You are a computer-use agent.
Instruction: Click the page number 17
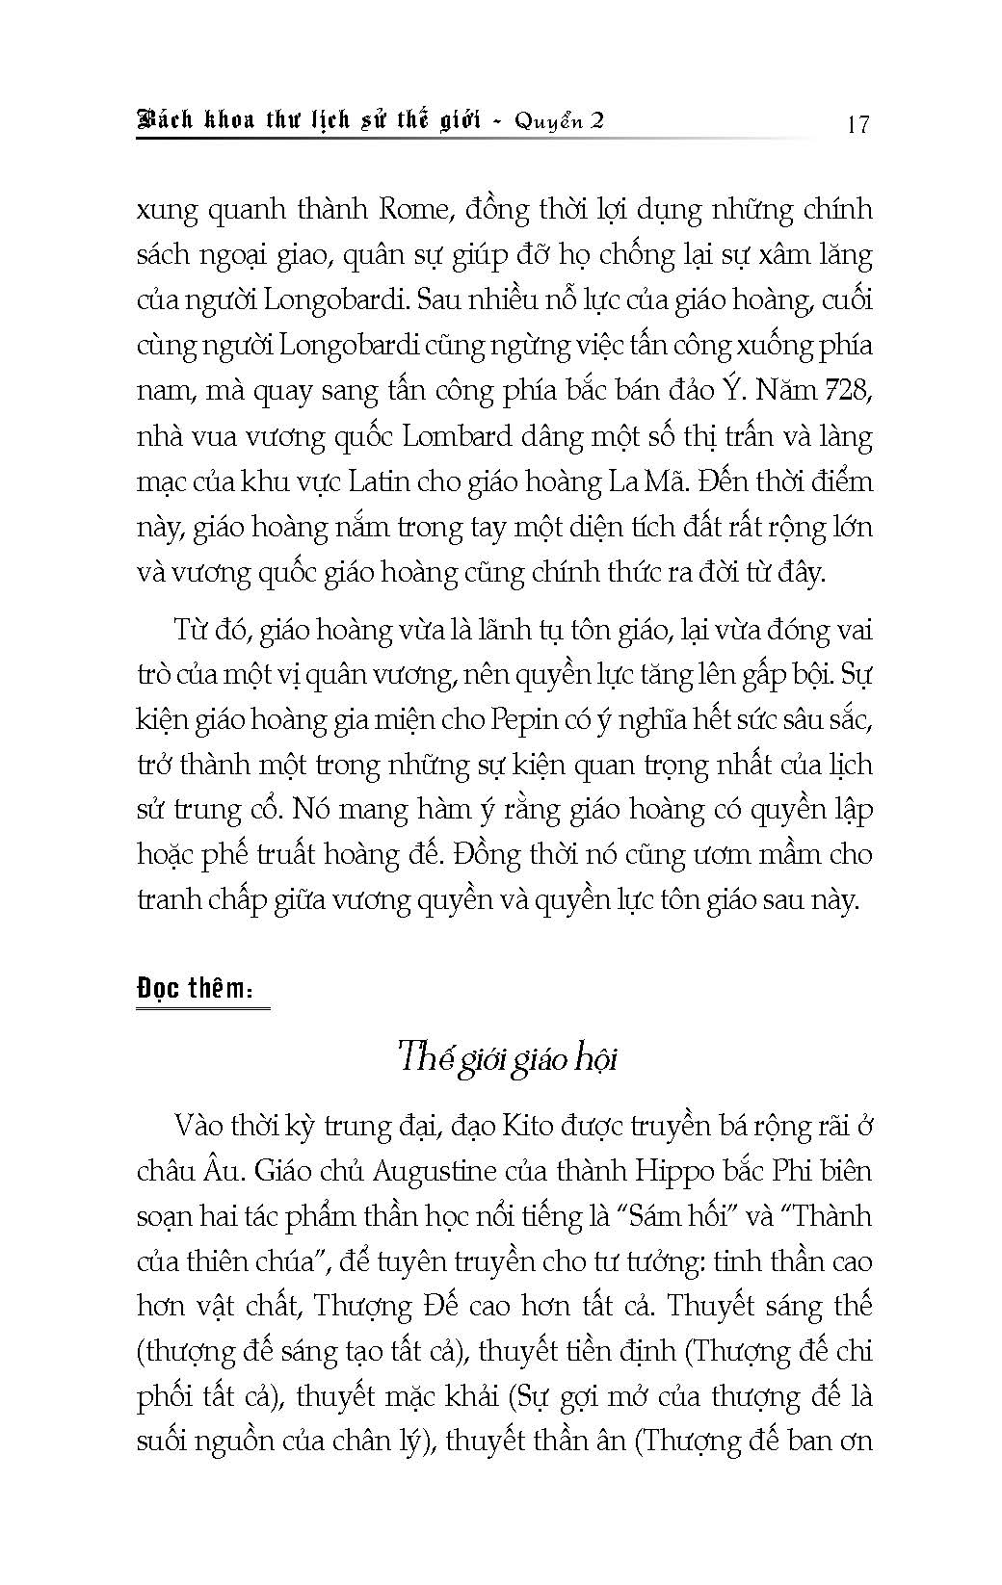[857, 123]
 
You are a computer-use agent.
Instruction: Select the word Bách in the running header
[165, 121]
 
